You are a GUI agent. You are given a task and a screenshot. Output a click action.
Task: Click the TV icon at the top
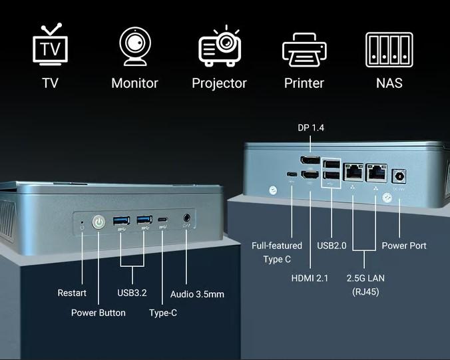pyautogui.click(x=50, y=46)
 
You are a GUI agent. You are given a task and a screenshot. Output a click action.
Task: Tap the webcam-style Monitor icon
pyautogui.click(x=134, y=46)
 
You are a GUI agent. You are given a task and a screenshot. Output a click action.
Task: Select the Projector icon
pyautogui.click(x=219, y=47)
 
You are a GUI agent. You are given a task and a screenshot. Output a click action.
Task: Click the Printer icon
pyautogui.click(x=304, y=49)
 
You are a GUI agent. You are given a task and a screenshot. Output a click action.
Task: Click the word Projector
pyautogui.click(x=219, y=83)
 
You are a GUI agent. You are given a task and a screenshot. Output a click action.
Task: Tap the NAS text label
pyautogui.click(x=389, y=83)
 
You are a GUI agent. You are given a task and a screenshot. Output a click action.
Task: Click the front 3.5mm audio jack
pyautogui.click(x=186, y=219)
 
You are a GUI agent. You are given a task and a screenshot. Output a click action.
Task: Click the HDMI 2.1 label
pyautogui.click(x=310, y=278)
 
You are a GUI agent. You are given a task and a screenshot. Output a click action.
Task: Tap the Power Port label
pyautogui.click(x=404, y=246)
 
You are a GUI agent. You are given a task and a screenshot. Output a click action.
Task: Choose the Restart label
pyautogui.click(x=72, y=293)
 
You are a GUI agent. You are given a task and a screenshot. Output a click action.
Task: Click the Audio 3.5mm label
pyautogui.click(x=197, y=293)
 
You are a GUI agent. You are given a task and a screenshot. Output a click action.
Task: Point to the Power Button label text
pyautogui.click(x=98, y=313)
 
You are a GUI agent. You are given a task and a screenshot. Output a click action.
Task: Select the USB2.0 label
pyautogui.click(x=332, y=246)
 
